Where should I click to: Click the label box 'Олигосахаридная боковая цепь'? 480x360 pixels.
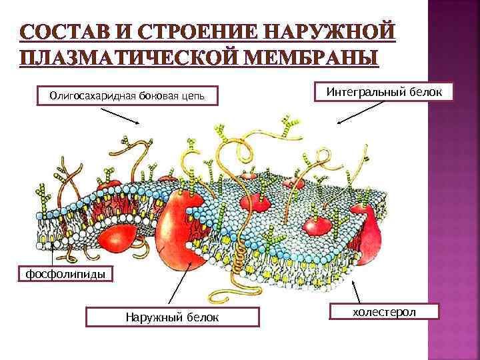click(x=126, y=96)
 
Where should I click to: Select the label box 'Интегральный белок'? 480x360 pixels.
click(x=383, y=91)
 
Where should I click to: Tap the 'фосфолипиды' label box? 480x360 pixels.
click(x=57, y=274)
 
